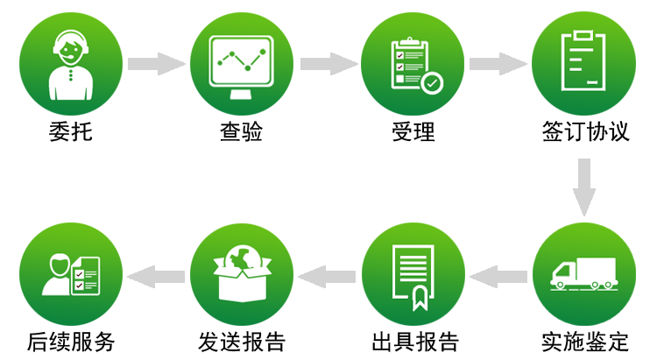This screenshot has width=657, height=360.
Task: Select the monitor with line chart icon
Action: [241, 61]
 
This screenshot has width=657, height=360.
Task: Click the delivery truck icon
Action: [583, 274]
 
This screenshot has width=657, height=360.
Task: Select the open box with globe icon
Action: [241, 274]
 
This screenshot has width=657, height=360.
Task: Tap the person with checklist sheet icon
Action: [70, 274]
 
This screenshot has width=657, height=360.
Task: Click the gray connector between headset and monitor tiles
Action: [156, 64]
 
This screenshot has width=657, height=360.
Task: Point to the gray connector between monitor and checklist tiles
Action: [328, 64]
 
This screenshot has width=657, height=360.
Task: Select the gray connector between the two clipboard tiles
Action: [498, 64]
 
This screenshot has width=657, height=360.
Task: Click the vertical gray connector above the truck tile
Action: [584, 187]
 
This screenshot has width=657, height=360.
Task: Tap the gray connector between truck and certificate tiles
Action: [498, 277]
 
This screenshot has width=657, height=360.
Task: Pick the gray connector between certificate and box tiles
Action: [326, 277]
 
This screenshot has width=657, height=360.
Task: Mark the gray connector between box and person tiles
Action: [155, 277]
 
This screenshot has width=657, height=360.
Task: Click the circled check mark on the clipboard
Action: [431, 83]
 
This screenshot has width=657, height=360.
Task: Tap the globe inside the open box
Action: [242, 258]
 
